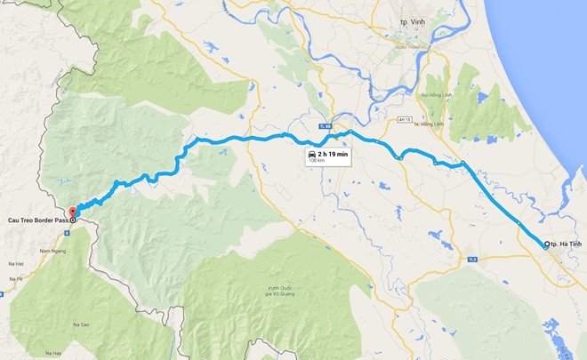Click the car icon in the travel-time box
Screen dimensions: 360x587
[310, 154]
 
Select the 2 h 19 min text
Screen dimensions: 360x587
[333, 154]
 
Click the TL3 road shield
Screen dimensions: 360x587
[472, 258]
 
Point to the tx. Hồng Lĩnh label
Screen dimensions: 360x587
[427, 124]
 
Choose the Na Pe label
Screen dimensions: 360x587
[13, 279]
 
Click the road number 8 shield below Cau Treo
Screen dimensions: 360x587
[67, 233]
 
